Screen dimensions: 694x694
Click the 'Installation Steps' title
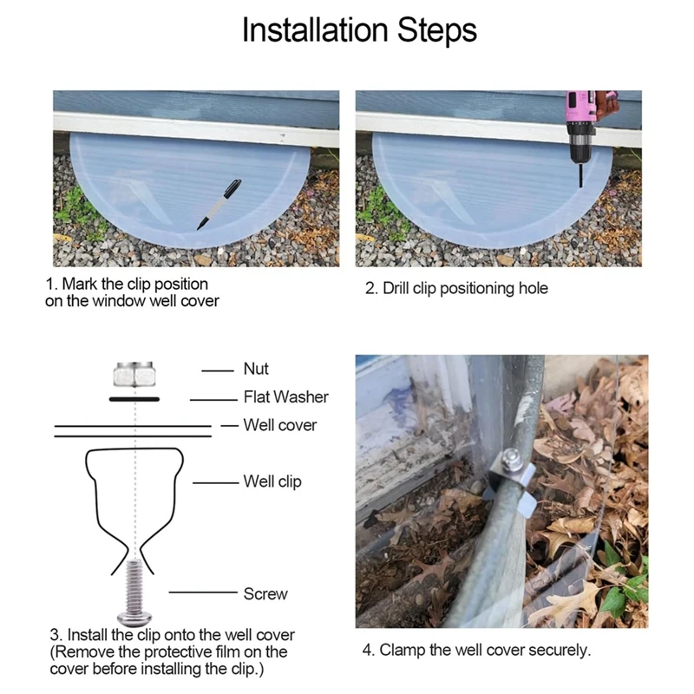tap(358, 30)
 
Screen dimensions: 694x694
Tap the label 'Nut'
tap(256, 370)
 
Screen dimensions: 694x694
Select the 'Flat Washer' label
tap(285, 397)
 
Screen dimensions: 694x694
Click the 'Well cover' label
tap(280, 426)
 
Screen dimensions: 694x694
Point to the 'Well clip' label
tap(272, 481)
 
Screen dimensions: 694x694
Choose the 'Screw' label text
tap(265, 594)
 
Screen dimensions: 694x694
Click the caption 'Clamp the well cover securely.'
tap(475, 649)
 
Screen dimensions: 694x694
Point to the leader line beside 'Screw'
tap(202, 594)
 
